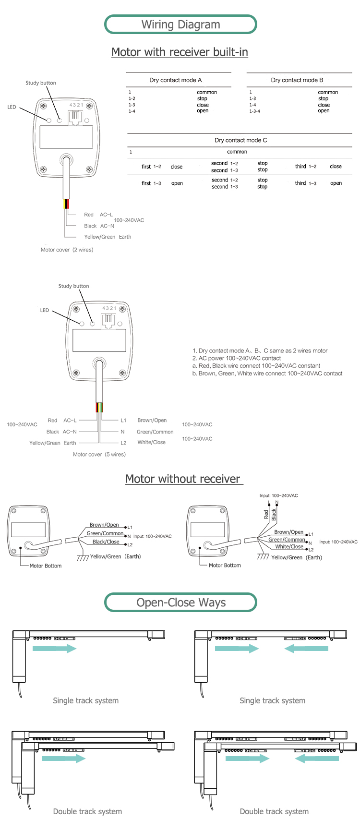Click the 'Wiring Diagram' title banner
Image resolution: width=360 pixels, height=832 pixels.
click(x=180, y=24)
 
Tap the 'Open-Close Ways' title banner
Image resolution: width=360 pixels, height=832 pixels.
click(x=180, y=603)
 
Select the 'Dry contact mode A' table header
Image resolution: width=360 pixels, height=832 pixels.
click(x=175, y=80)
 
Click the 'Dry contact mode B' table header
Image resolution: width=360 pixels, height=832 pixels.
click(x=297, y=80)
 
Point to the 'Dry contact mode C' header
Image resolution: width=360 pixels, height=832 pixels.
click(x=240, y=140)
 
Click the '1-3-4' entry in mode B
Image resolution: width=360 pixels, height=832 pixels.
click(x=254, y=111)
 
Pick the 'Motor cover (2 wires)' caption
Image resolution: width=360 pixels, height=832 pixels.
click(x=67, y=250)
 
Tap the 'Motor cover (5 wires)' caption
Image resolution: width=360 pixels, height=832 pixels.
click(x=99, y=454)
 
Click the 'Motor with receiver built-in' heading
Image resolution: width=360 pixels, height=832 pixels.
click(x=180, y=52)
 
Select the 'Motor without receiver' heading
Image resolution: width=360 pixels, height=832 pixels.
click(x=182, y=479)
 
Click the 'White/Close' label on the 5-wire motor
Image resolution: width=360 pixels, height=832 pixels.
click(x=151, y=442)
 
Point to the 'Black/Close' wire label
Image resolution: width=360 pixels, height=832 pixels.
click(x=106, y=542)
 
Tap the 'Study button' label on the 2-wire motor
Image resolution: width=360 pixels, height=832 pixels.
click(x=41, y=83)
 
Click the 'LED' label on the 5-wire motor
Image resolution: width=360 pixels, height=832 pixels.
click(x=45, y=310)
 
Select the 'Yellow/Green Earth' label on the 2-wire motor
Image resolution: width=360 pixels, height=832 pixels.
click(x=108, y=237)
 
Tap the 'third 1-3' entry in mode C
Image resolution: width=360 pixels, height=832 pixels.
click(x=306, y=183)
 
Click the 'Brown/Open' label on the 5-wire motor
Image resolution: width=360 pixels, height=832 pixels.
click(x=152, y=420)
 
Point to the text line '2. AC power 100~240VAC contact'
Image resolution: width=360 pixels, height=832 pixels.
click(x=237, y=358)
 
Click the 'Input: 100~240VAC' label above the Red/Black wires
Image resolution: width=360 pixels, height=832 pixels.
click(x=278, y=495)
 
